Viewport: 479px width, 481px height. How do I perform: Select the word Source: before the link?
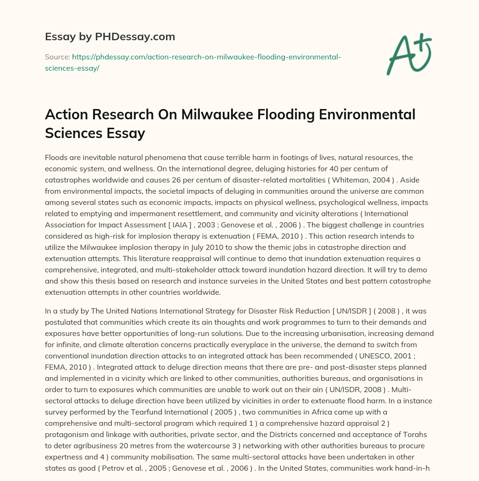click(x=57, y=57)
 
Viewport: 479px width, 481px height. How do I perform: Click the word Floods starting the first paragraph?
click(x=56, y=158)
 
